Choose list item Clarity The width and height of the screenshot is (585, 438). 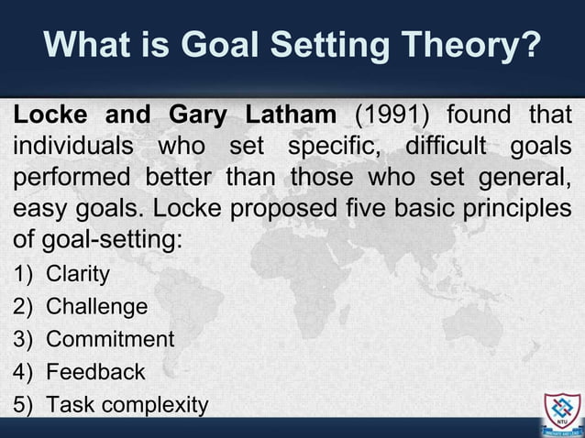[78, 274]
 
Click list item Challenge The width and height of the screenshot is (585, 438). [96, 306]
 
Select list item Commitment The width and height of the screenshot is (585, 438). [109, 339]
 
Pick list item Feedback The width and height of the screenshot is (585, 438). [95, 371]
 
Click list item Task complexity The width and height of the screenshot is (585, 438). [127, 404]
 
